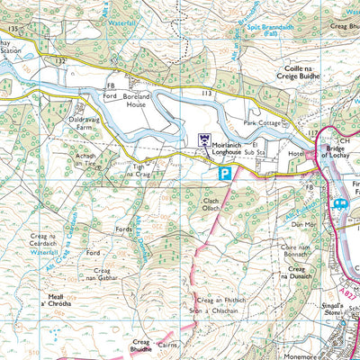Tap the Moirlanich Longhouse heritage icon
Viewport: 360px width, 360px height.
[x=203, y=139]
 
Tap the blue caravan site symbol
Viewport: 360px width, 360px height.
[x=341, y=204]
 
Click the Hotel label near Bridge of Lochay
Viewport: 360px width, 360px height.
[x=294, y=153]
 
